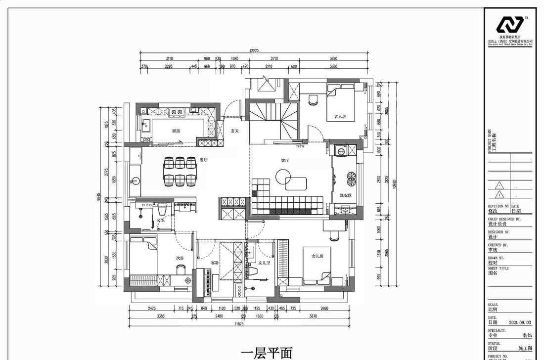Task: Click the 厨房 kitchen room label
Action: click(x=176, y=131)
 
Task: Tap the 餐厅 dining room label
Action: click(x=202, y=160)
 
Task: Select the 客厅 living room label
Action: click(x=285, y=160)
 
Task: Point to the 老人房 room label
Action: click(x=340, y=117)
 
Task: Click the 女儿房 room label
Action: click(x=317, y=256)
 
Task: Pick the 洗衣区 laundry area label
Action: click(x=345, y=195)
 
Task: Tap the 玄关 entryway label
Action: click(x=235, y=131)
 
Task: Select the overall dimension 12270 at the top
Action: click(x=254, y=50)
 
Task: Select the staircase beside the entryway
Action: click(x=272, y=121)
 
